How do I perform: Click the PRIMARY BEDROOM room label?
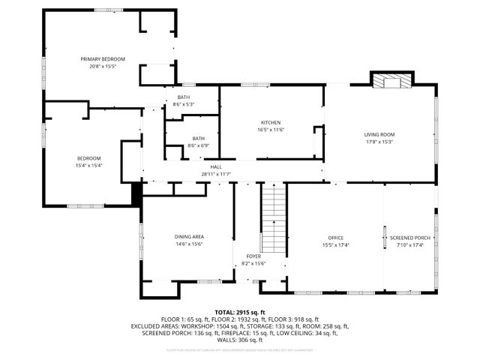point(103,58)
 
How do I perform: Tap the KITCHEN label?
point(271,122)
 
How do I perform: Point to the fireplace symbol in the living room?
point(392,81)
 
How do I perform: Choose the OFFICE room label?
point(335,238)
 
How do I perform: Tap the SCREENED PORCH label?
point(409,238)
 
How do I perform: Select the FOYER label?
point(253,256)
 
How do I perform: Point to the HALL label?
point(215,166)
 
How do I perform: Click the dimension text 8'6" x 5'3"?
point(184,104)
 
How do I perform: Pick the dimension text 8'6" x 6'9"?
point(198,145)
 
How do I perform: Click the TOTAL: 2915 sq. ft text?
point(240,312)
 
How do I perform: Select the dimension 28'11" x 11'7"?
point(215,174)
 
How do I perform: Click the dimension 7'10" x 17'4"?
point(409,244)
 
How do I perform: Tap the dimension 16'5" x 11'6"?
point(271,130)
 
